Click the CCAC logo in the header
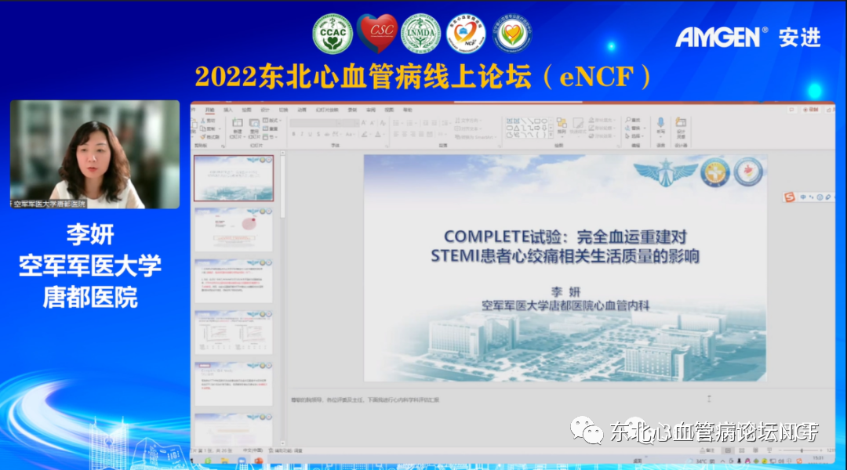coord(333,34)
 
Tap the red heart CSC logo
coord(377,34)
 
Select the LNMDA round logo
coord(421,34)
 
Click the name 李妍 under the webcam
coord(92,233)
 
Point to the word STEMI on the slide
coord(455,256)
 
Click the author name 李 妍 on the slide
coord(565,291)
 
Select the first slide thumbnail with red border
coord(234,178)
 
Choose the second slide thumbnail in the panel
coord(234,230)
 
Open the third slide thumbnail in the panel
coord(234,280)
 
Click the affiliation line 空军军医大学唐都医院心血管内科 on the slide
coord(565,305)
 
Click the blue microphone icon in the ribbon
coord(660,123)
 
